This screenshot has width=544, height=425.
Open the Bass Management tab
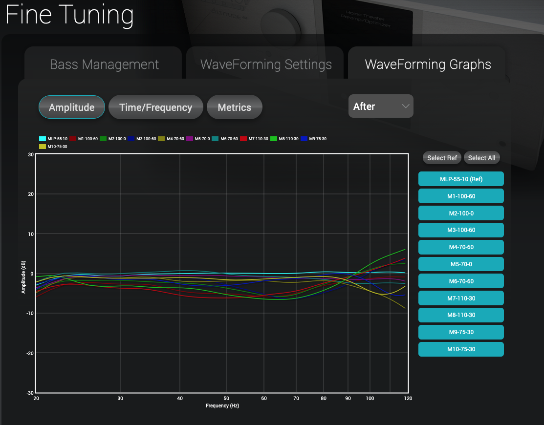coord(104,64)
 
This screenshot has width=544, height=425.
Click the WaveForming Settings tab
coord(266,64)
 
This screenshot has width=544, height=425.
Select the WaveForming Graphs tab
coord(428,64)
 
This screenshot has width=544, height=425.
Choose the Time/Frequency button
coord(155,107)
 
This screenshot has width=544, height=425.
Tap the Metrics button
coord(234,107)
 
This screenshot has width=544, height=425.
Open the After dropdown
coord(381,106)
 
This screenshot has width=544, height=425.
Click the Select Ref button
coord(442,158)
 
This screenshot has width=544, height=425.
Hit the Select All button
coord(481,158)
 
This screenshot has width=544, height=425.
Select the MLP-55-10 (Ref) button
coord(461,179)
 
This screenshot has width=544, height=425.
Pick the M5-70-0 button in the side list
coord(461,264)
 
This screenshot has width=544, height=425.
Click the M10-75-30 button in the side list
coord(461,349)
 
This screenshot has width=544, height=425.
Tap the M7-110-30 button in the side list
coord(461,298)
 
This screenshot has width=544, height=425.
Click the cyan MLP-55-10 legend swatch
coord(42,139)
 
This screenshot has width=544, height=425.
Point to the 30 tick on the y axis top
coord(30,155)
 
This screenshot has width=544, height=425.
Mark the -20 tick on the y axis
coord(29,353)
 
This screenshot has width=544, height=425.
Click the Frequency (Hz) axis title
coord(222,406)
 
